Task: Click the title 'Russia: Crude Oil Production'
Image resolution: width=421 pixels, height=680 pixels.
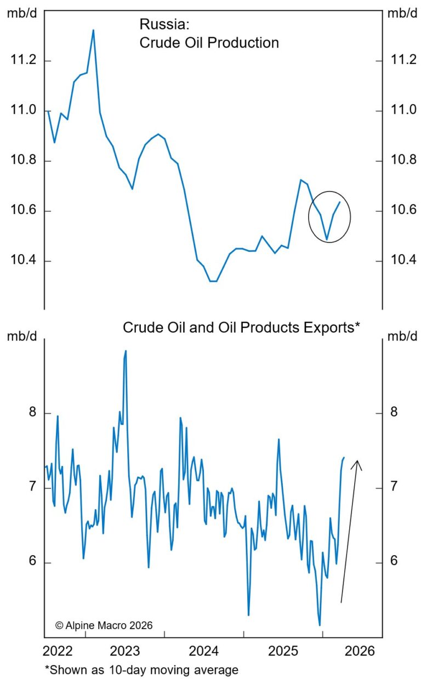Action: click(209, 33)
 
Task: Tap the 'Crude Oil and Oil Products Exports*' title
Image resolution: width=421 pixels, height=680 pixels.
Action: click(241, 327)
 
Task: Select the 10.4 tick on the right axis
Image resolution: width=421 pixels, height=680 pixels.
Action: click(401, 261)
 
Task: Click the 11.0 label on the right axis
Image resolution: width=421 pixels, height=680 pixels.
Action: click(401, 111)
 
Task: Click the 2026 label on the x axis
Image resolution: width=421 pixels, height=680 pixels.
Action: click(360, 651)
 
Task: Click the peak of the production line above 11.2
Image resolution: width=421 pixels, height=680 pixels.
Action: click(93, 30)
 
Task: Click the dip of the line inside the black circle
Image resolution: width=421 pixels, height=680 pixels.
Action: click(327, 240)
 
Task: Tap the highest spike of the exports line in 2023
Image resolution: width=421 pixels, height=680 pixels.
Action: click(126, 351)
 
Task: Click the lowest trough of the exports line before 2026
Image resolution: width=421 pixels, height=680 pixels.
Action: click(320, 625)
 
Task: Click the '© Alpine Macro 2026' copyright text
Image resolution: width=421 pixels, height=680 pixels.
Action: click(104, 625)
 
